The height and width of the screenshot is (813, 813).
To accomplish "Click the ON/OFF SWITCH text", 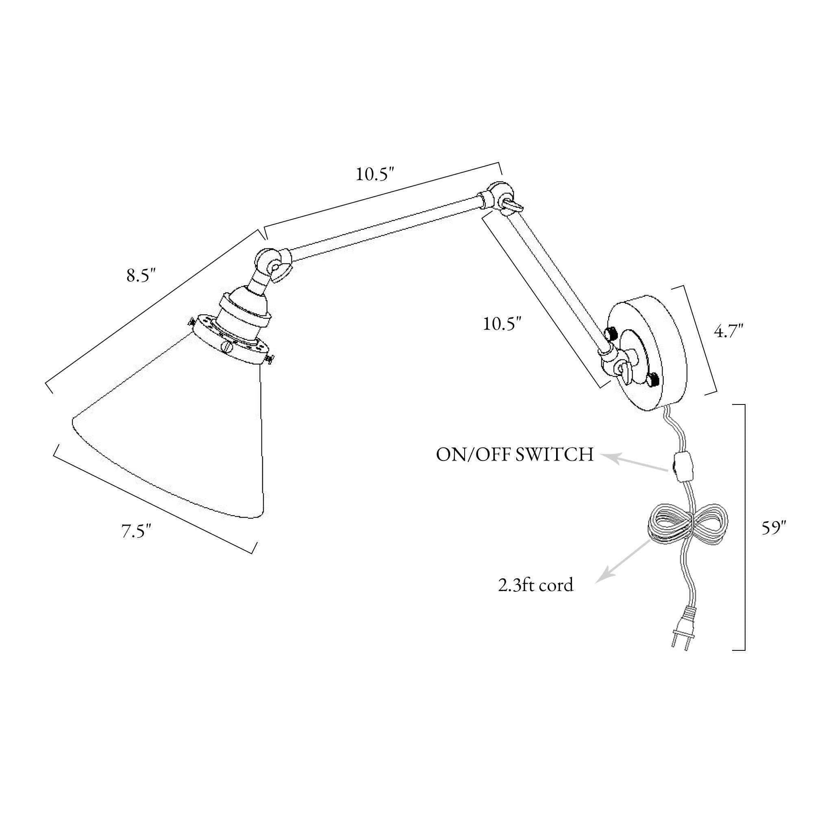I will click(x=515, y=455).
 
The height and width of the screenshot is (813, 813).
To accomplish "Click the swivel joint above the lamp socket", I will click(x=273, y=265).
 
